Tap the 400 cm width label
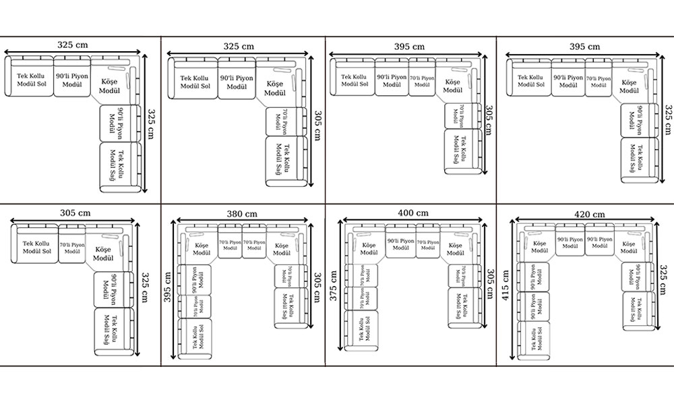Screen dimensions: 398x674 pyautogui.click(x=414, y=213)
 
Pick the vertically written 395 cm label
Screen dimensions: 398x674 pyautogui.click(x=168, y=289)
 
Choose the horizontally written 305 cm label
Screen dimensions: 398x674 pyautogui.click(x=73, y=212)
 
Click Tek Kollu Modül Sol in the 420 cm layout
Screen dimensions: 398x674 pyautogui.click(x=539, y=336)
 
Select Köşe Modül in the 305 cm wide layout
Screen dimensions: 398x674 pyautogui.click(x=102, y=254)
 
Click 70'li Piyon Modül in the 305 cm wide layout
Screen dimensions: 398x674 pyautogui.click(x=71, y=249)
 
